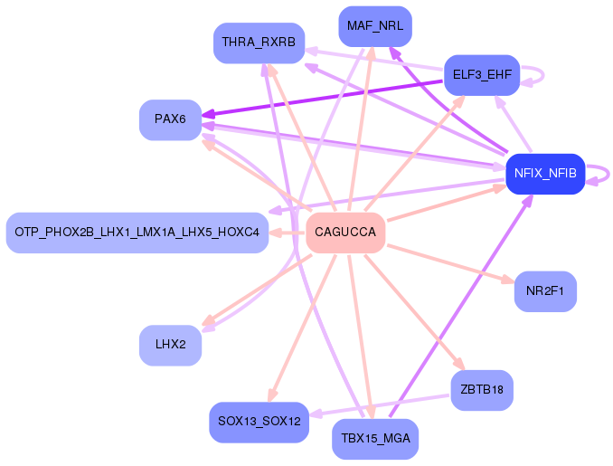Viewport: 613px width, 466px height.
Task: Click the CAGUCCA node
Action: click(x=345, y=233)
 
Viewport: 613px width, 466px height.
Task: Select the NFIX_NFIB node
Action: click(x=545, y=173)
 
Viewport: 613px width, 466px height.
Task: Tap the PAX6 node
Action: click(x=170, y=119)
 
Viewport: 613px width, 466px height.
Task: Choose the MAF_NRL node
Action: click(x=375, y=26)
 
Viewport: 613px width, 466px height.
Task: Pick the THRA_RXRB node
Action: click(x=259, y=43)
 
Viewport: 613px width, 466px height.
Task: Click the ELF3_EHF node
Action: click(x=480, y=74)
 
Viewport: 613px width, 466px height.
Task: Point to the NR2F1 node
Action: click(x=545, y=291)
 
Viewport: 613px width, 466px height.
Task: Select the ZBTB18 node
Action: click(x=482, y=390)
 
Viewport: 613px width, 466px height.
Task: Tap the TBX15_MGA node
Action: click(x=375, y=439)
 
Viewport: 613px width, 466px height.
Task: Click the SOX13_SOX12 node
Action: click(x=259, y=421)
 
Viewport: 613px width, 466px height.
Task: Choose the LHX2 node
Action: click(x=170, y=344)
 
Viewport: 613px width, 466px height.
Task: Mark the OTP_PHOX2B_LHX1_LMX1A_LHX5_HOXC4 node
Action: click(x=137, y=233)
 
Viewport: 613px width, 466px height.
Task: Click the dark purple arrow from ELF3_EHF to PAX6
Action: click(x=325, y=98)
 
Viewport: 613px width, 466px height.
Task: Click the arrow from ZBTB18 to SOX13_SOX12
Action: click(x=380, y=404)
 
